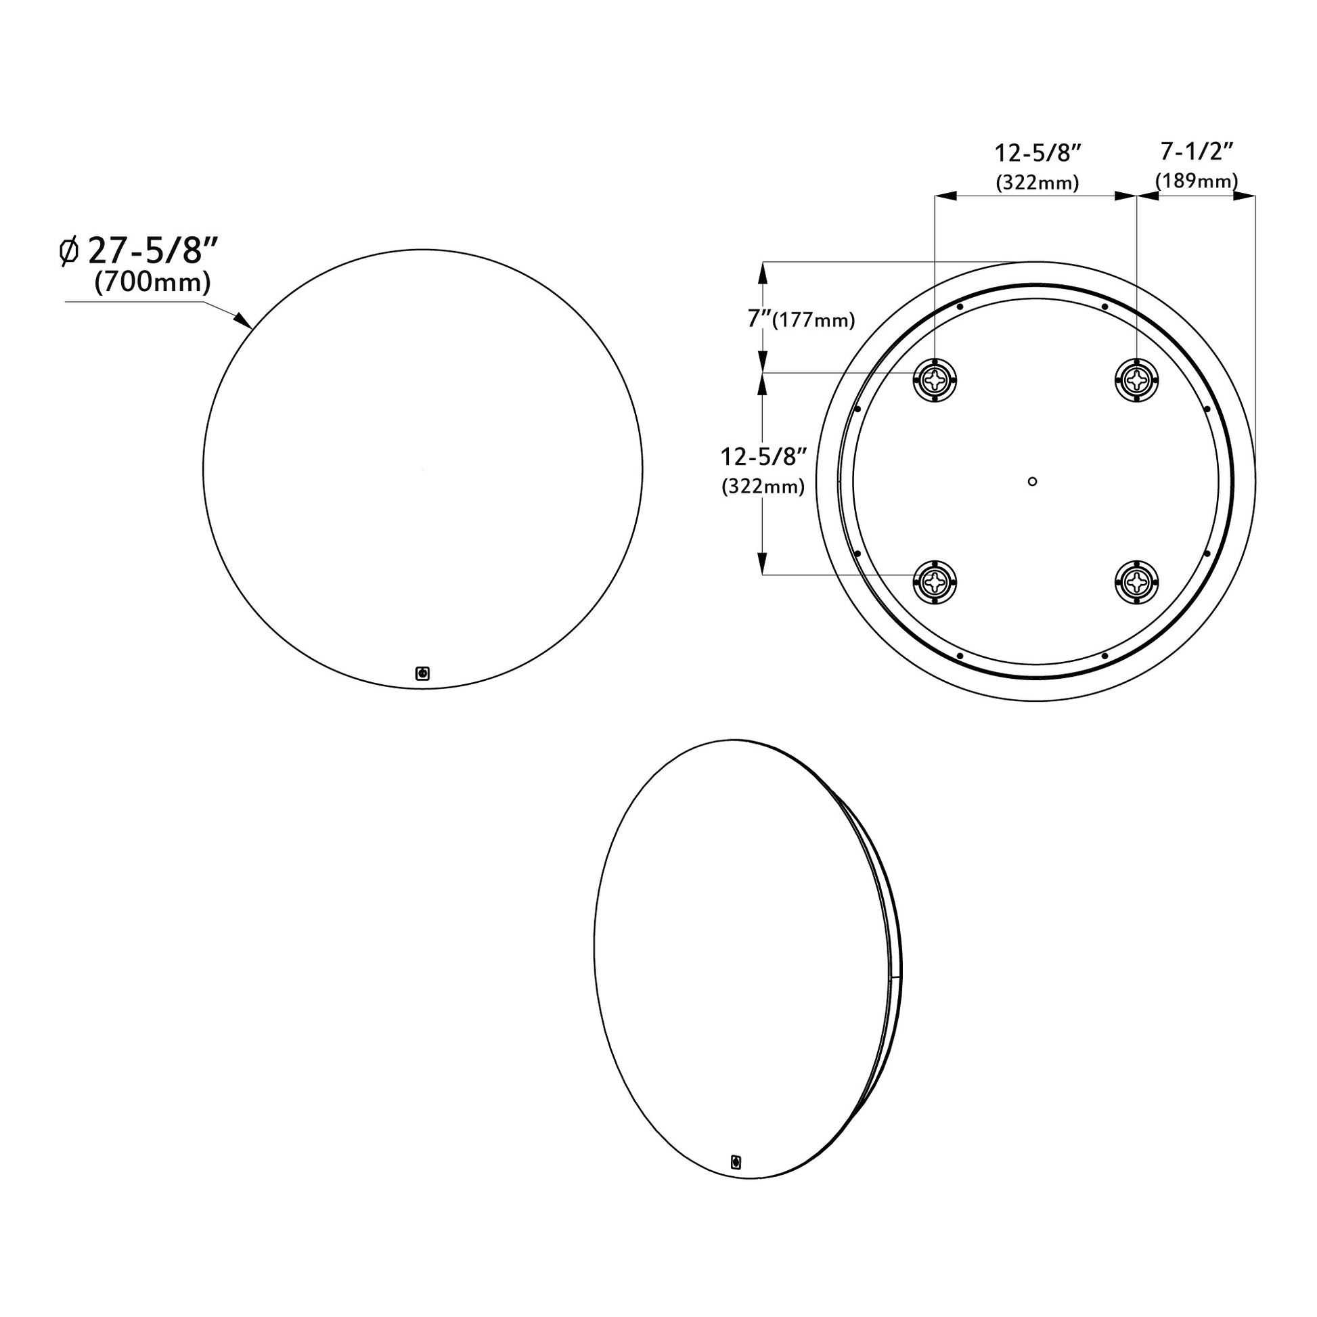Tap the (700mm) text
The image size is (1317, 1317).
[x=152, y=282]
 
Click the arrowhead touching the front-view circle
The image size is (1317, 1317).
[x=242, y=320]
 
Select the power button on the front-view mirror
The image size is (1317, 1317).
[x=422, y=673]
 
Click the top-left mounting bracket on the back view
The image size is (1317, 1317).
[x=935, y=379]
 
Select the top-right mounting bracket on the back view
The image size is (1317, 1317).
[x=1136, y=379]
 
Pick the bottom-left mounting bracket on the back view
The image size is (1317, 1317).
[x=935, y=581]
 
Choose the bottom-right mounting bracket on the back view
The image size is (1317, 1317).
[x=1136, y=581]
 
